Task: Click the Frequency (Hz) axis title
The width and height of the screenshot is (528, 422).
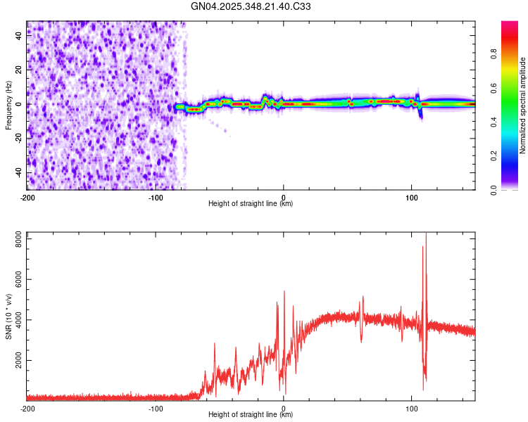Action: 8,105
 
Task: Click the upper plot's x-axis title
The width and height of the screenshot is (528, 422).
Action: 251,203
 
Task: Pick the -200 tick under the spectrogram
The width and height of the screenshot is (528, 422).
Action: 27,197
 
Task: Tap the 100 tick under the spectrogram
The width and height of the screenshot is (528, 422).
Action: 411,197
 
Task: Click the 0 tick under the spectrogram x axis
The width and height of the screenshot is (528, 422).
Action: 283,197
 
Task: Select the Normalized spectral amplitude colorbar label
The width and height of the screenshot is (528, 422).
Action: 523,105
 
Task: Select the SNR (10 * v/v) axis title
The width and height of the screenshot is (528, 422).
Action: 8,316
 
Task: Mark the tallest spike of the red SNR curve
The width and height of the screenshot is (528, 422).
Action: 426,234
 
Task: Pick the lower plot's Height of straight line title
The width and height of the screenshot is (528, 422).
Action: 251,414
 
